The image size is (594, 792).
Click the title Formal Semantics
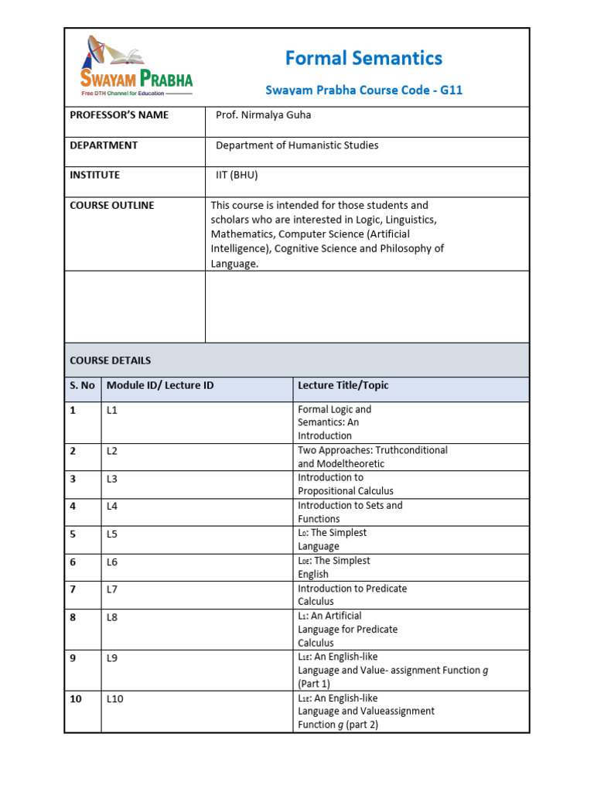(364, 58)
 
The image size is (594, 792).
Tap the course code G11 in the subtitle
(451, 90)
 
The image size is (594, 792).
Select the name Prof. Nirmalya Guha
(263, 115)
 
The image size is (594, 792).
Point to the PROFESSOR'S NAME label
(119, 115)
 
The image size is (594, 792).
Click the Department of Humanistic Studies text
(297, 145)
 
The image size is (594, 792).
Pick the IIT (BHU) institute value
(237, 175)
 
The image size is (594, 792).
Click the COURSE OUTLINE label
(111, 205)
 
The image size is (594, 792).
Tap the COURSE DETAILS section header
(111, 360)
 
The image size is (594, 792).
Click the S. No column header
(82, 385)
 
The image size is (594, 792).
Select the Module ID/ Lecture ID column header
(160, 385)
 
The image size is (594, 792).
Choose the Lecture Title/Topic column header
(343, 385)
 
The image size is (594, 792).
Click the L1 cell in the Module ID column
(112, 410)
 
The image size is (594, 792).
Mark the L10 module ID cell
(115, 698)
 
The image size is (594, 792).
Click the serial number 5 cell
(73, 534)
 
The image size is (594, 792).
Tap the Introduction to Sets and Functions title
(350, 512)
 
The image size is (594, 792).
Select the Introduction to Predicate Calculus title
(352, 595)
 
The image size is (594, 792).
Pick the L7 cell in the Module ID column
(112, 589)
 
